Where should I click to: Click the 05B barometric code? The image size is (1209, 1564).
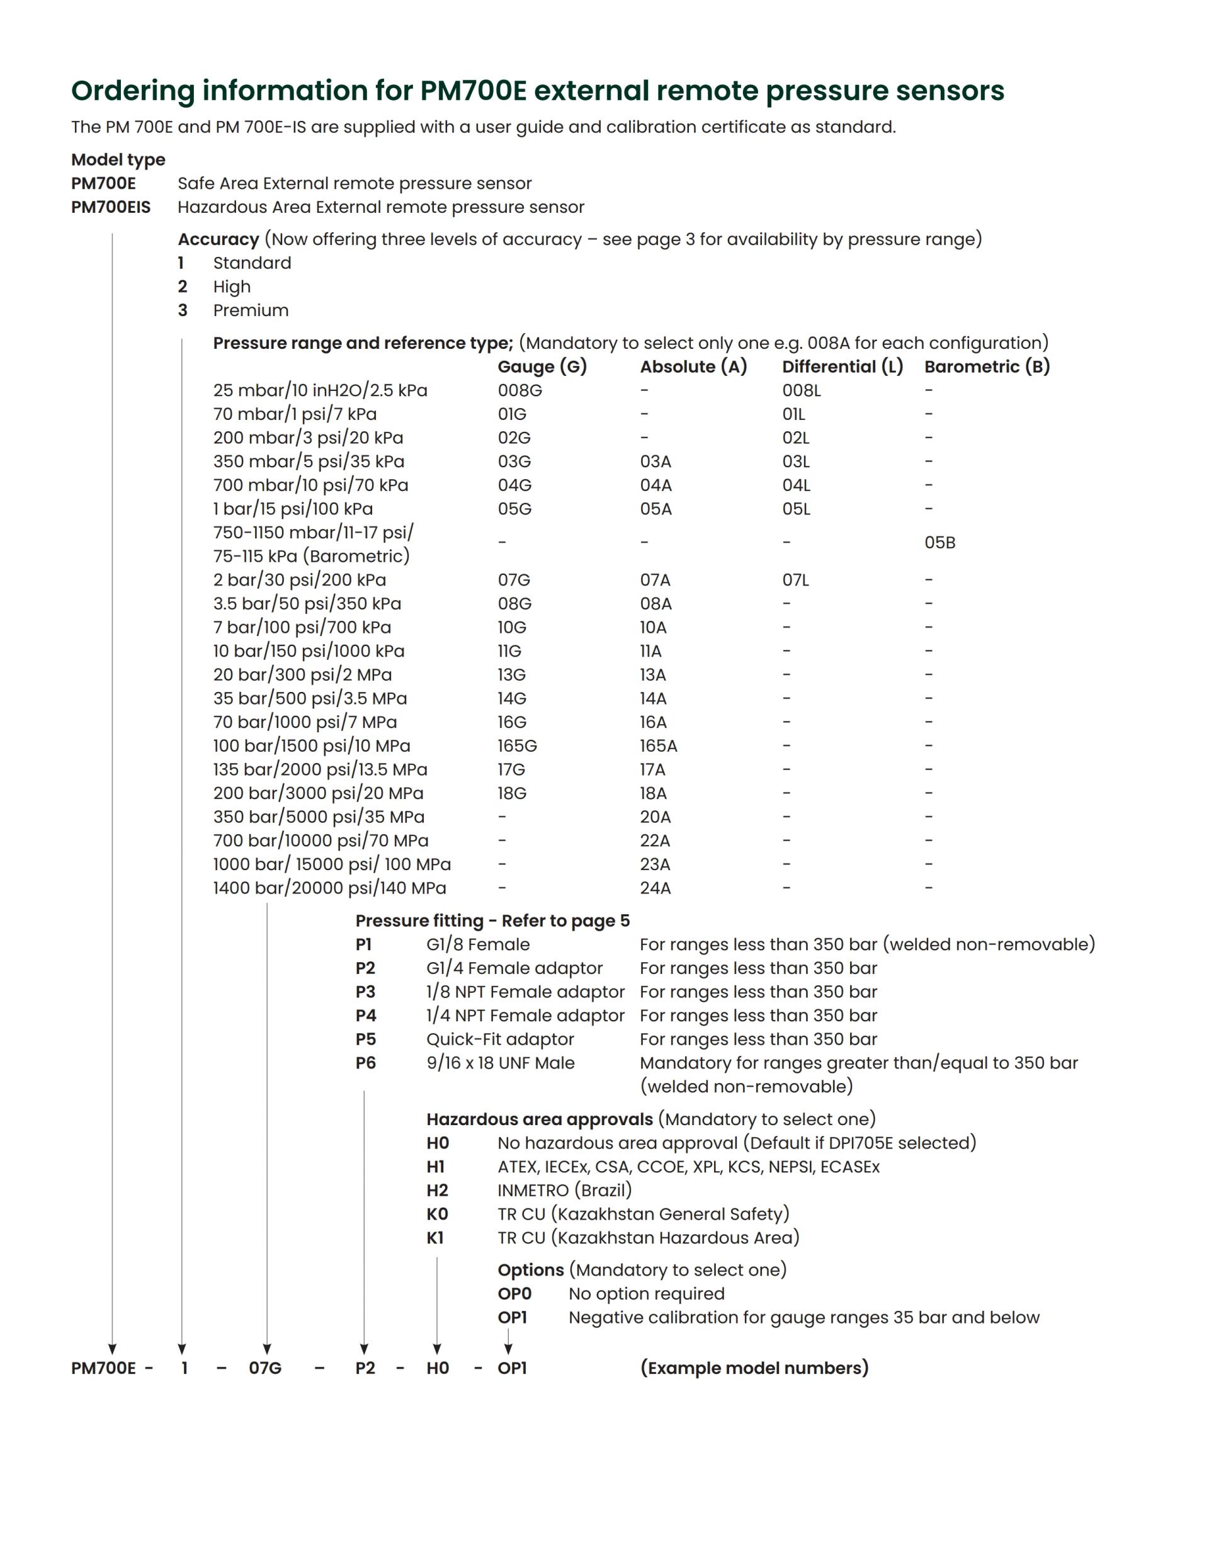(939, 543)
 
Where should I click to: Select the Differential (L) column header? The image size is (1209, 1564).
(843, 366)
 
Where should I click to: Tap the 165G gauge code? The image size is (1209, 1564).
(517, 745)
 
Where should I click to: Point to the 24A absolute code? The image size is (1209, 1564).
(656, 888)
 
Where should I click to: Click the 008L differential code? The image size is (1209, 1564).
(802, 390)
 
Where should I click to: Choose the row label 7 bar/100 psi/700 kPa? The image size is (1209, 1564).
(302, 627)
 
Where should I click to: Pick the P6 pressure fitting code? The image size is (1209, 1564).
(365, 1063)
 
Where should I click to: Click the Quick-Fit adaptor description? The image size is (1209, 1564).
(500, 1039)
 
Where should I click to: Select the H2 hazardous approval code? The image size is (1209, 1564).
(437, 1190)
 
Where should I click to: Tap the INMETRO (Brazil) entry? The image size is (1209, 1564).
(564, 1190)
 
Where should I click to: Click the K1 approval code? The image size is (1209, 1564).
(436, 1237)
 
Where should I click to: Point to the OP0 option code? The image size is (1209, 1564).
(514, 1293)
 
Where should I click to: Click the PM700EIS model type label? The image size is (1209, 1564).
(111, 207)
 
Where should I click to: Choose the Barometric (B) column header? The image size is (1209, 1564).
(987, 366)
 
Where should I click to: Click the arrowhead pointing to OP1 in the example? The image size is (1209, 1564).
(508, 1349)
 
